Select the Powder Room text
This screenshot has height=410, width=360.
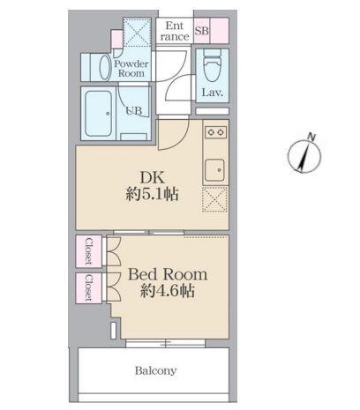(x=131, y=69)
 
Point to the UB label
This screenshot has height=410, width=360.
(x=133, y=110)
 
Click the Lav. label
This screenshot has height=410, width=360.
(x=212, y=93)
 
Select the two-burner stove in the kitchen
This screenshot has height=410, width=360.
(x=215, y=132)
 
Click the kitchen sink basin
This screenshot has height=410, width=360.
(x=214, y=168)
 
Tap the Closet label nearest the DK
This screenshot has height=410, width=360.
(x=89, y=252)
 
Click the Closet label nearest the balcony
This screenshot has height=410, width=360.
(x=89, y=287)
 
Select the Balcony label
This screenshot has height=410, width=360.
(x=155, y=370)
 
